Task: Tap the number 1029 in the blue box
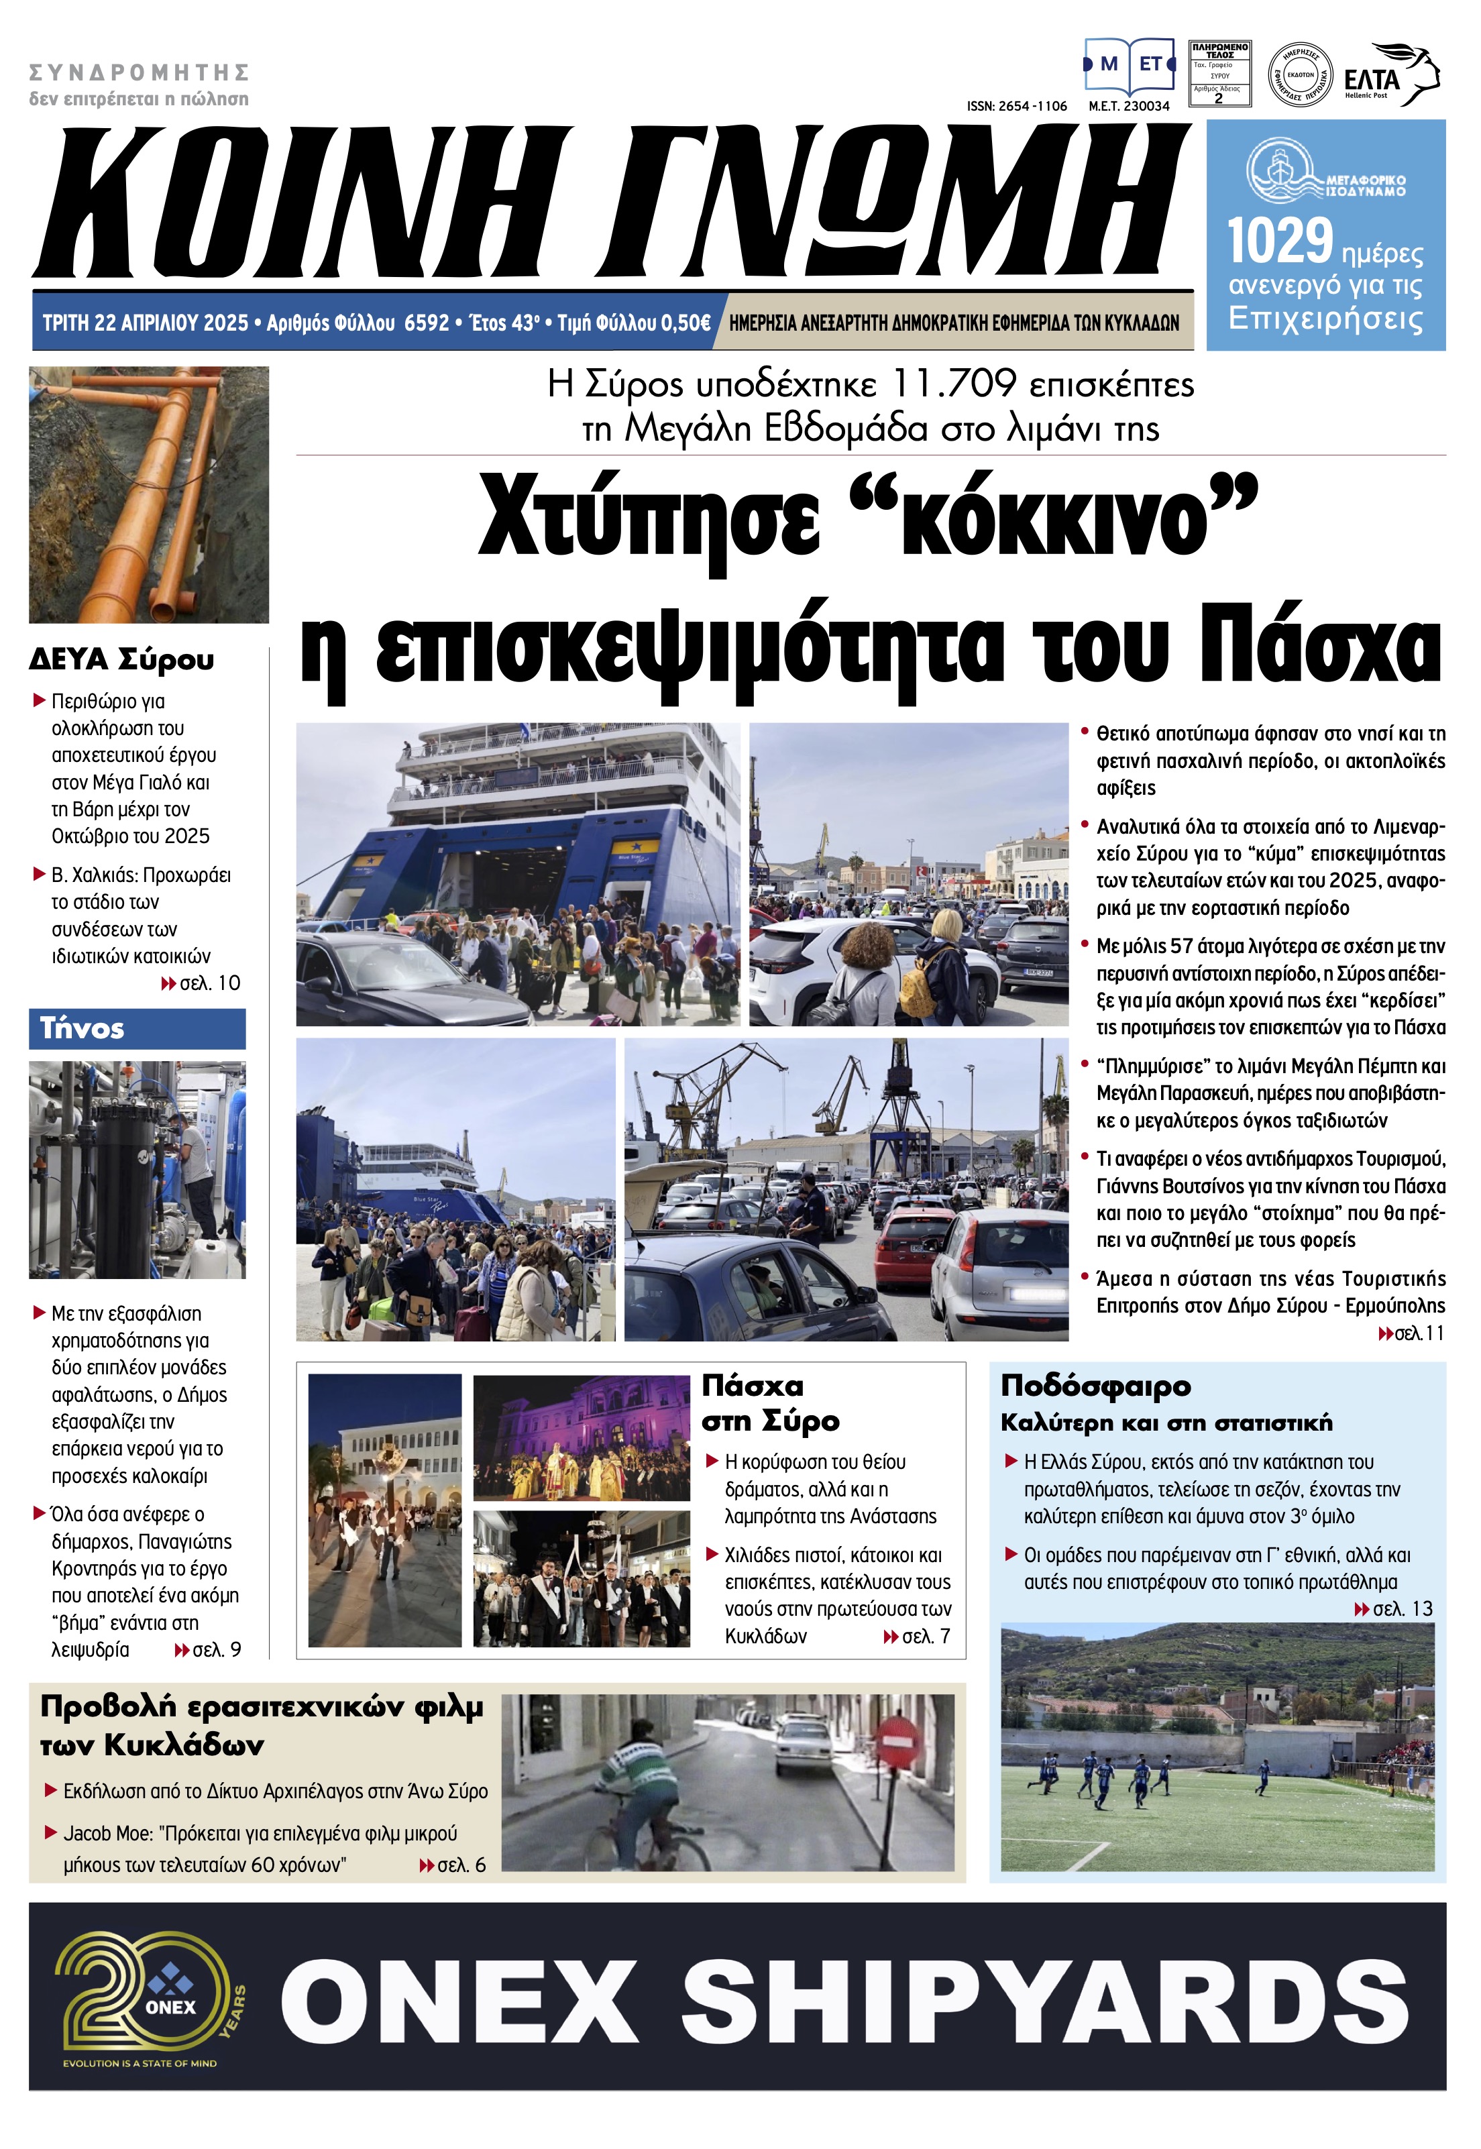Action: [1280, 242]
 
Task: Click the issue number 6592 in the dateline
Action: [427, 323]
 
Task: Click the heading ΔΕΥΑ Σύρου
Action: [121, 660]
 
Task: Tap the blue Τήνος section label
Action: [83, 1028]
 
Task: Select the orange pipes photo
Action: [148, 494]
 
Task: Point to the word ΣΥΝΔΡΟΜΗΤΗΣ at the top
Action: [140, 72]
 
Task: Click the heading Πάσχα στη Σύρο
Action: [770, 1403]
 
